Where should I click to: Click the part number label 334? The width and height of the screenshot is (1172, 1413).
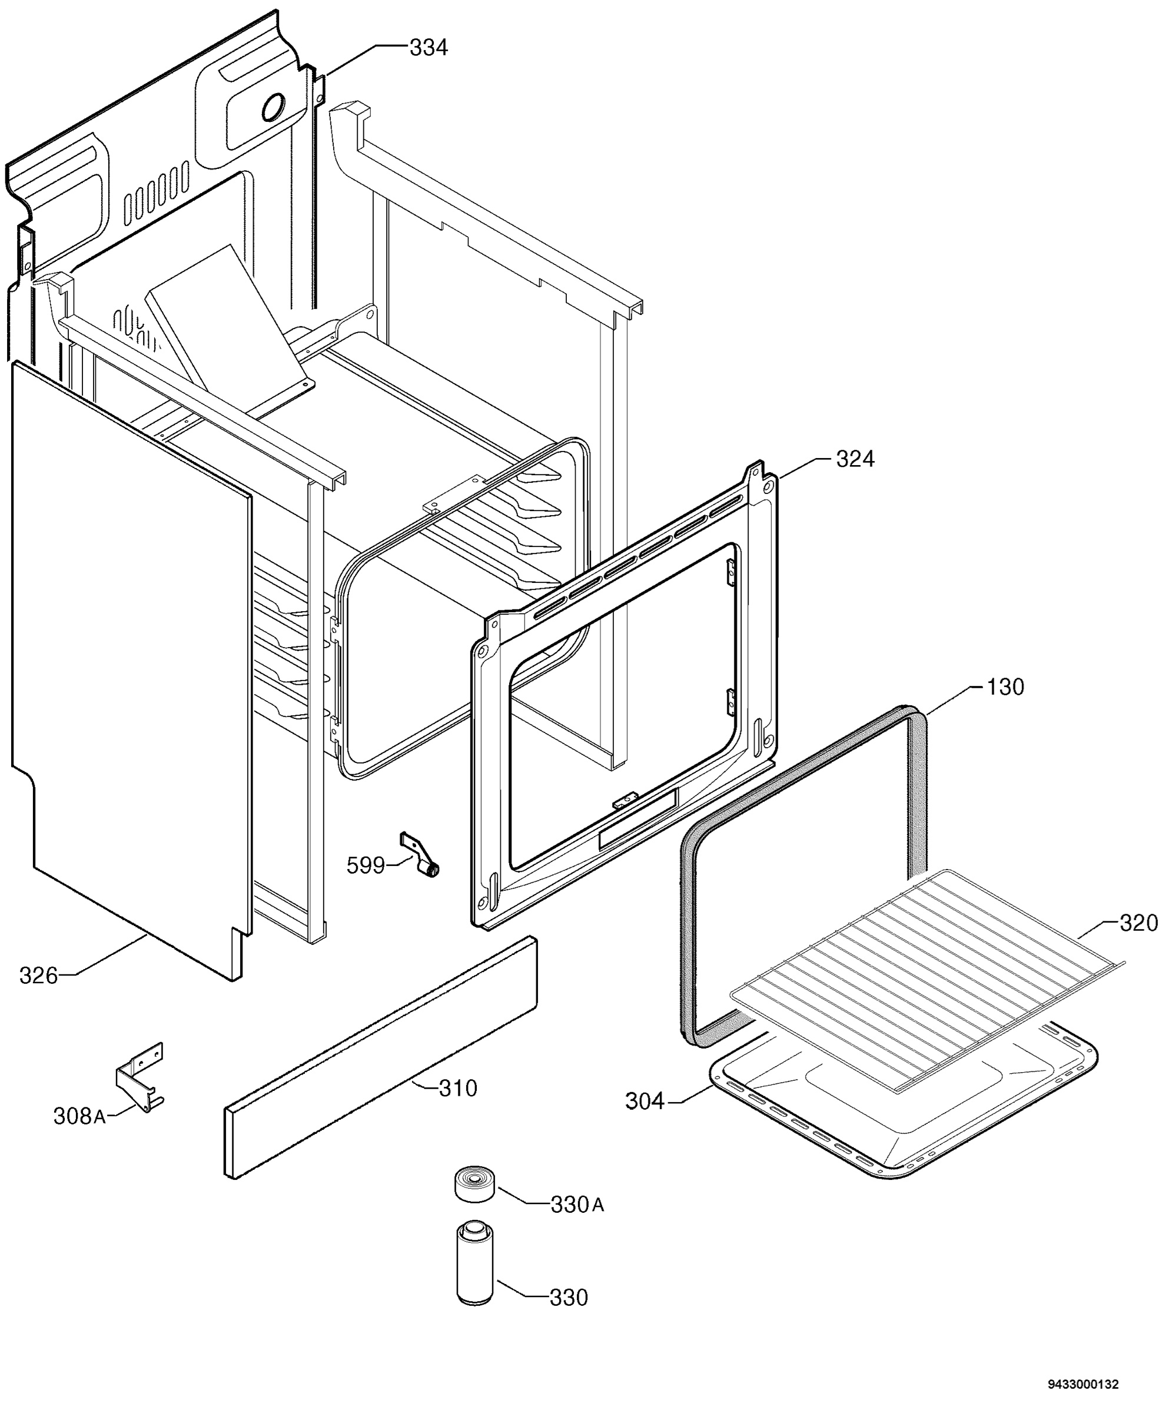[429, 48]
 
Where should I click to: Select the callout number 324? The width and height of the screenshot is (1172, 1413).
[855, 460]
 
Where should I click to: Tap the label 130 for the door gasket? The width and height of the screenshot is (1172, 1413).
[1005, 687]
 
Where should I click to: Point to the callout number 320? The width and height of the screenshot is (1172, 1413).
[1138, 923]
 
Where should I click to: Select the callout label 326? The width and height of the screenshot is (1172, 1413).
[38, 975]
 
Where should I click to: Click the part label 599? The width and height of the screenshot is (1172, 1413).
[366, 865]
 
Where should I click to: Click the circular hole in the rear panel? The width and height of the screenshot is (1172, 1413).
[273, 107]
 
